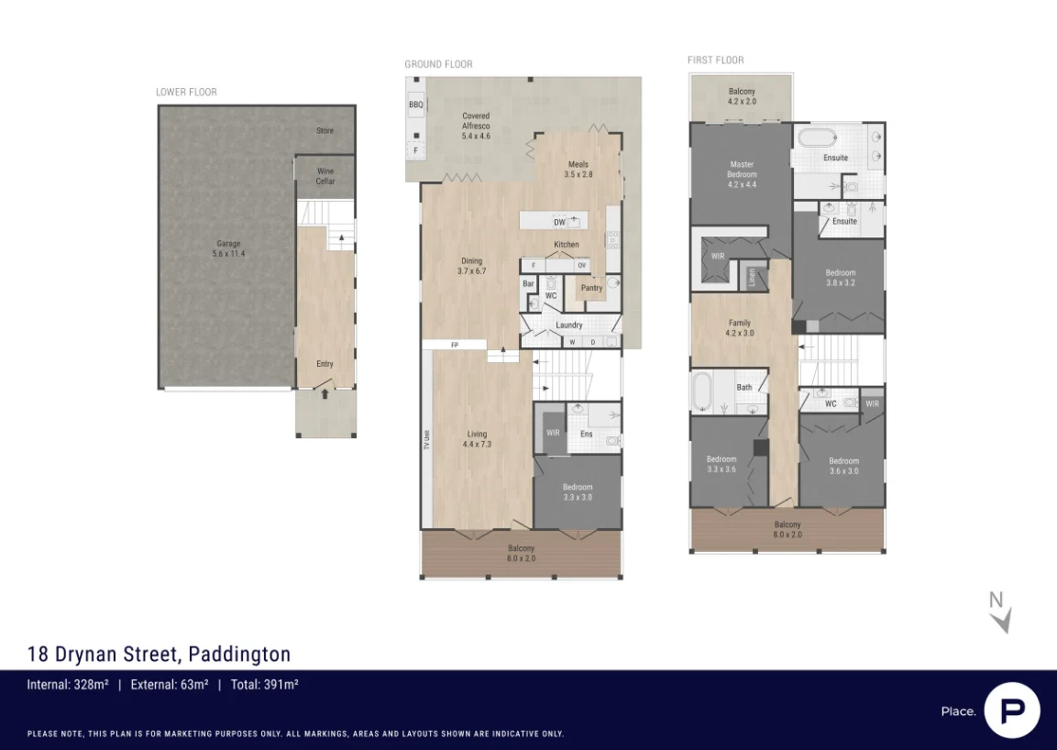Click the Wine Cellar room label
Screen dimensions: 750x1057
click(x=325, y=176)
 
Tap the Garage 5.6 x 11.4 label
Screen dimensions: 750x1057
click(x=228, y=248)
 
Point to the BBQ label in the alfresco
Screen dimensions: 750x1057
click(x=416, y=106)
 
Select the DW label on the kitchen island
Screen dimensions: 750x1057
click(x=559, y=222)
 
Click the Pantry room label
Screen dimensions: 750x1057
click(x=591, y=288)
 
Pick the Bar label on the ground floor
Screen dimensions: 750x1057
click(x=529, y=284)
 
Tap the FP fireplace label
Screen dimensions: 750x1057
click(x=454, y=345)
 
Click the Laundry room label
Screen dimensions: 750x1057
click(x=569, y=325)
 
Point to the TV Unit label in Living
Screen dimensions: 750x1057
click(x=427, y=439)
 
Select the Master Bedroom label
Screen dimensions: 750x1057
click(x=742, y=174)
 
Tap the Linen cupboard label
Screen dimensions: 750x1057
click(x=752, y=275)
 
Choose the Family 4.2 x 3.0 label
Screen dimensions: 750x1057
click(x=739, y=328)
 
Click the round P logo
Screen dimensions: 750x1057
click(x=1012, y=710)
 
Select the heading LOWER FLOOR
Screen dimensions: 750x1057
click(x=186, y=93)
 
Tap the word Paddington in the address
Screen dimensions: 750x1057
click(x=239, y=654)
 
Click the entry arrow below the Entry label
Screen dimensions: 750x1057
click(x=325, y=394)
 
